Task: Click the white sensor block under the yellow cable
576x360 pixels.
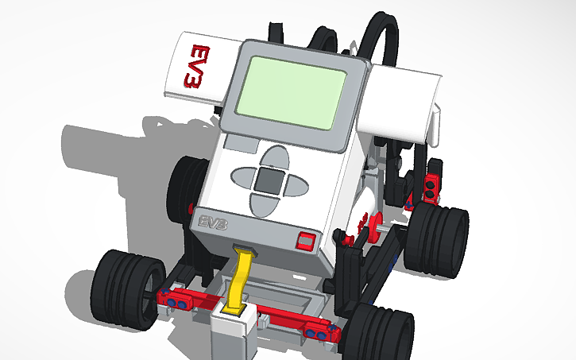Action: point(233,330)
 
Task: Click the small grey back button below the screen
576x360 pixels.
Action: point(238,145)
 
